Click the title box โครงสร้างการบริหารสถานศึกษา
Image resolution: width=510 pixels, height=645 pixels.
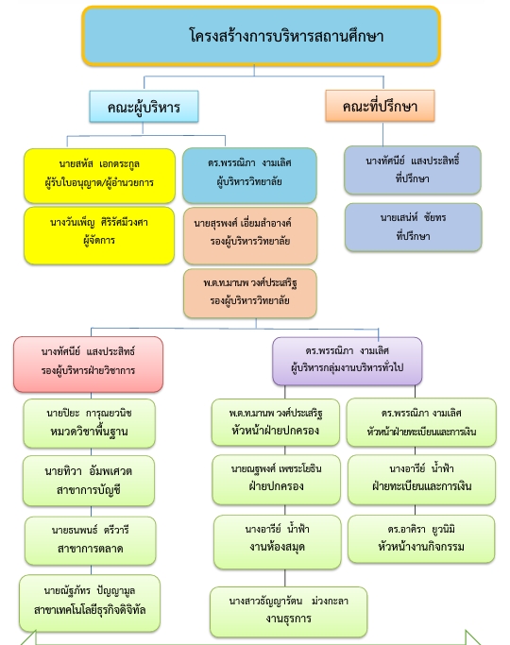262,36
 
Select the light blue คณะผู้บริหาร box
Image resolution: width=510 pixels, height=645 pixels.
144,107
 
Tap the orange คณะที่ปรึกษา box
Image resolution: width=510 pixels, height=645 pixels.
380,106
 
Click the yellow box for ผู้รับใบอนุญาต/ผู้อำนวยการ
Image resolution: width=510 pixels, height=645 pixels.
99,176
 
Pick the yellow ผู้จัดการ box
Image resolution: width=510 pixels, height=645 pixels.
99,235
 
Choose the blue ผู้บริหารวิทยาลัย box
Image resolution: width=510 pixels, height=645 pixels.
249,176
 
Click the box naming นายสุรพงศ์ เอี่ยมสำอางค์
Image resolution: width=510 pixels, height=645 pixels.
250,236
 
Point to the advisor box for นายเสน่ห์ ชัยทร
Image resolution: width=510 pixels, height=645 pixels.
414,227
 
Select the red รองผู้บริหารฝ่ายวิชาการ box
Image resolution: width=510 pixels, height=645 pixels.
89,364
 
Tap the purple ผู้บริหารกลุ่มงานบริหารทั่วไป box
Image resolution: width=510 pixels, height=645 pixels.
348,361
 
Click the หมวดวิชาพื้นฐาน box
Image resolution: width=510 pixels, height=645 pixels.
89,423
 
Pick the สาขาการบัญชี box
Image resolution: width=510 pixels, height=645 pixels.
89,481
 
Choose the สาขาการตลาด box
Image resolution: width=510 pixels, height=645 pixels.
90,540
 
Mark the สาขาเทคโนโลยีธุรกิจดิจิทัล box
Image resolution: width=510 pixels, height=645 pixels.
90,603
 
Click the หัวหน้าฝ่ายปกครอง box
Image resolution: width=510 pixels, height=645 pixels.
276,422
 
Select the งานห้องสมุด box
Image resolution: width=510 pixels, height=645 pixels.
278,542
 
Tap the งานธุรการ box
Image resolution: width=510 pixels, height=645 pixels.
288,612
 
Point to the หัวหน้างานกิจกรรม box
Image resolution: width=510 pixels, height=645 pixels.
421,539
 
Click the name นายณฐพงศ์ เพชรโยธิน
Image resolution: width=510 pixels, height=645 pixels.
277,469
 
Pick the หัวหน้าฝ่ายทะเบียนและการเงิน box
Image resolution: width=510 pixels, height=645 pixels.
421,422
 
